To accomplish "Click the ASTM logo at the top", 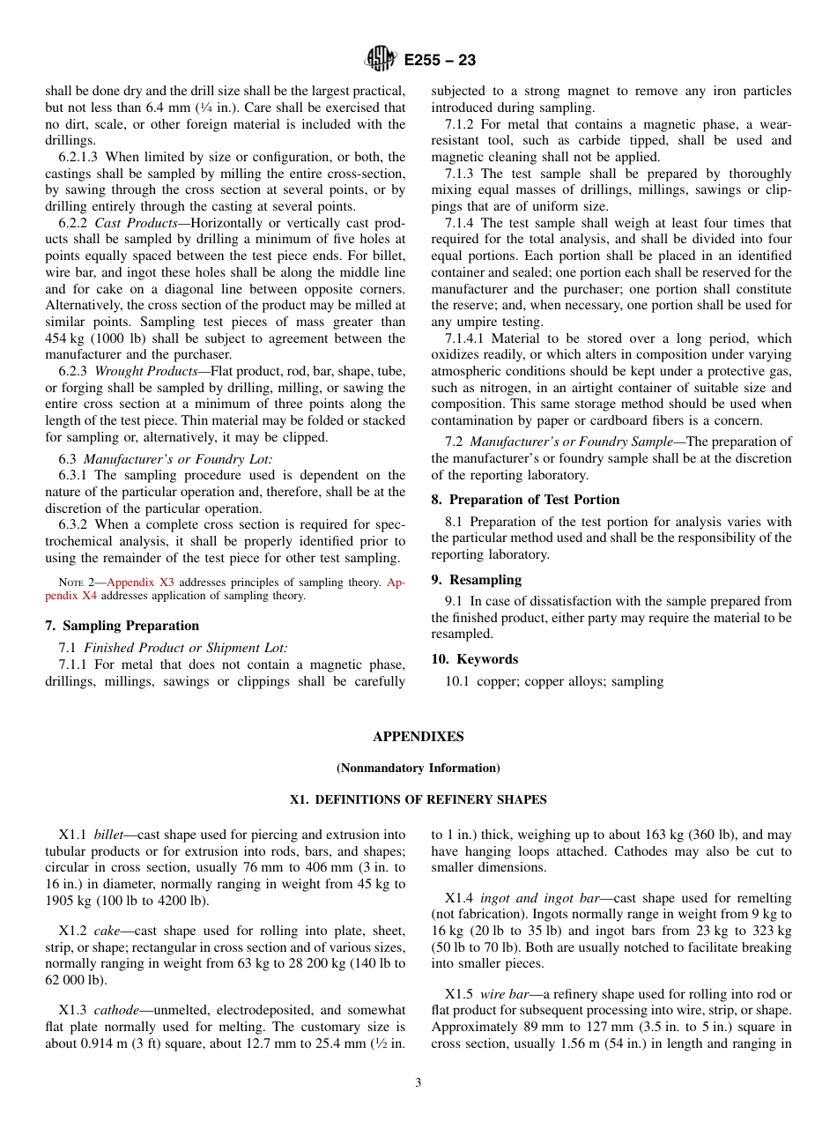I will [381, 59].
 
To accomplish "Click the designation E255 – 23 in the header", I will [440, 60].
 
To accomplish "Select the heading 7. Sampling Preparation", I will [122, 626].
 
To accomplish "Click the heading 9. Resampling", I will [477, 580].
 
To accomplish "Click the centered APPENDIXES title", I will [418, 737].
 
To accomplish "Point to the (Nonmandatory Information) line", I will [418, 768].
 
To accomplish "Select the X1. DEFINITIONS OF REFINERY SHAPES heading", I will [418, 800].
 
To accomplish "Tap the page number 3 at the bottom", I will [418, 1083].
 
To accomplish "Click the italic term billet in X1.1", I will [108, 835].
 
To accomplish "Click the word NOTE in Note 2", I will [70, 583].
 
